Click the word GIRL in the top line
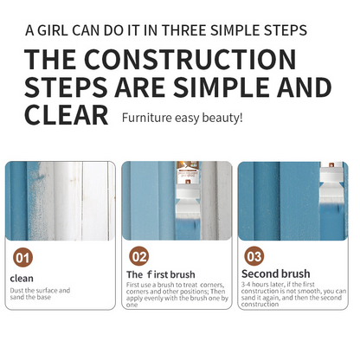pos(53,30)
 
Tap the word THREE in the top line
pos(184,30)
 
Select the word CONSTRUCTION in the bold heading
pos(190,59)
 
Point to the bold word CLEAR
pos(67,115)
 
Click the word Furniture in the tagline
pos(147,118)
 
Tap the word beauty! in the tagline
pos(222,118)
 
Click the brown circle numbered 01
pos(22,258)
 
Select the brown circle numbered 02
pos(139,256)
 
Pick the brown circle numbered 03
pos(254,256)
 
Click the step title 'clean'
pos(22,279)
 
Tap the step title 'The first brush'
pos(161,274)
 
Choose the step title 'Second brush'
pos(276,273)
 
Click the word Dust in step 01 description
pos(16,291)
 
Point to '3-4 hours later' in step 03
pos(262,284)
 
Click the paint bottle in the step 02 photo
pos(187,172)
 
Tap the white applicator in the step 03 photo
pos(331,184)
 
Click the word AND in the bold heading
pos(304,87)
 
